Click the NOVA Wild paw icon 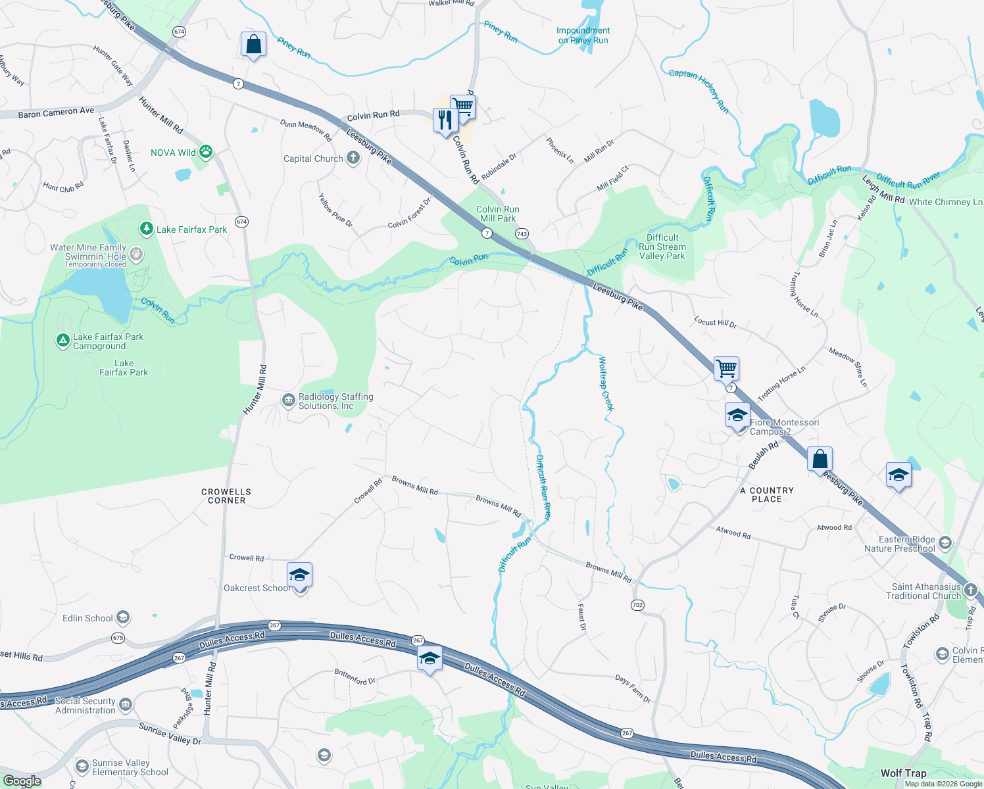pos(206,152)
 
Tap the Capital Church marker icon pos(353,158)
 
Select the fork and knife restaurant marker pos(445,120)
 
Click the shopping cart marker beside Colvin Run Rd pos(463,106)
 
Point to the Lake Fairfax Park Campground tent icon pos(62,341)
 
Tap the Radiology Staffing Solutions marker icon pos(288,400)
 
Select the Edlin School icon pos(123,618)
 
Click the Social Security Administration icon pos(126,705)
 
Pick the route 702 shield pos(637,605)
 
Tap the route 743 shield pos(522,233)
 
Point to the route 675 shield pos(118,638)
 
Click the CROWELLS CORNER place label pos(226,496)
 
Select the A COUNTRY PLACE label pos(767,494)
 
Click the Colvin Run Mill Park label pos(498,214)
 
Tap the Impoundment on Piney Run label pos(583,36)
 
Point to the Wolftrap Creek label pos(606,383)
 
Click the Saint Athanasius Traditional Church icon pos(971,590)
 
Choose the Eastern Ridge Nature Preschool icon pos(945,543)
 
